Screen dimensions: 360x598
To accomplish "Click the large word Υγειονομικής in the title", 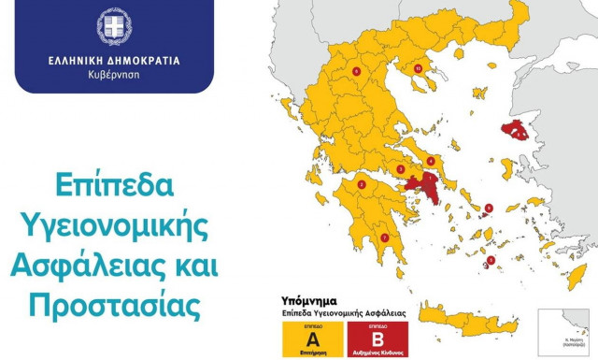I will tap(114, 224).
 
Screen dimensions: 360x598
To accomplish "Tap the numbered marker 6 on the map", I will tap(356, 70).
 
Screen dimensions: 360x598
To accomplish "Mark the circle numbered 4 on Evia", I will tap(430, 161).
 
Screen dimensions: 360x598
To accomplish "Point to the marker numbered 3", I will tap(400, 169).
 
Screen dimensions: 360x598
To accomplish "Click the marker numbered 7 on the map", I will tap(385, 238).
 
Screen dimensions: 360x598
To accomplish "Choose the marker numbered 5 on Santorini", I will tap(492, 260).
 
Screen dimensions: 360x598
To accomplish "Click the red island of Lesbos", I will tap(515, 131).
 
